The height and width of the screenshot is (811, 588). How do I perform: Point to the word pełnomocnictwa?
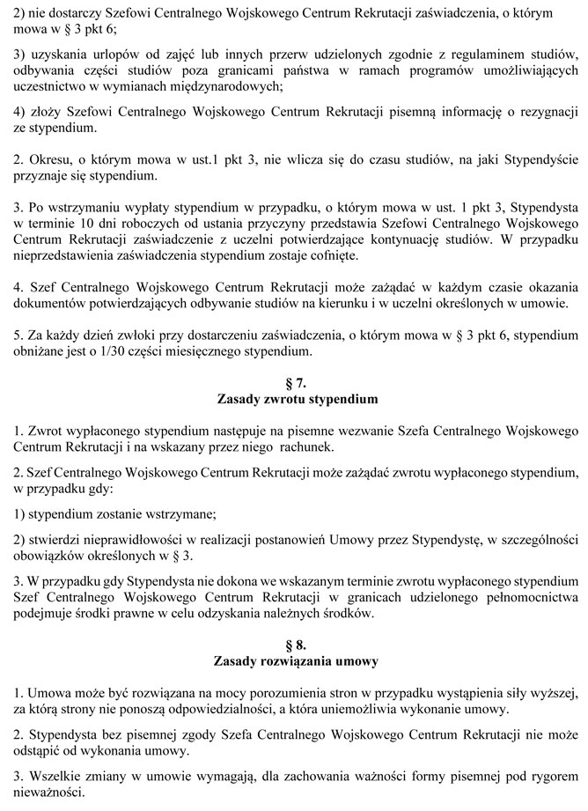point(526,599)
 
